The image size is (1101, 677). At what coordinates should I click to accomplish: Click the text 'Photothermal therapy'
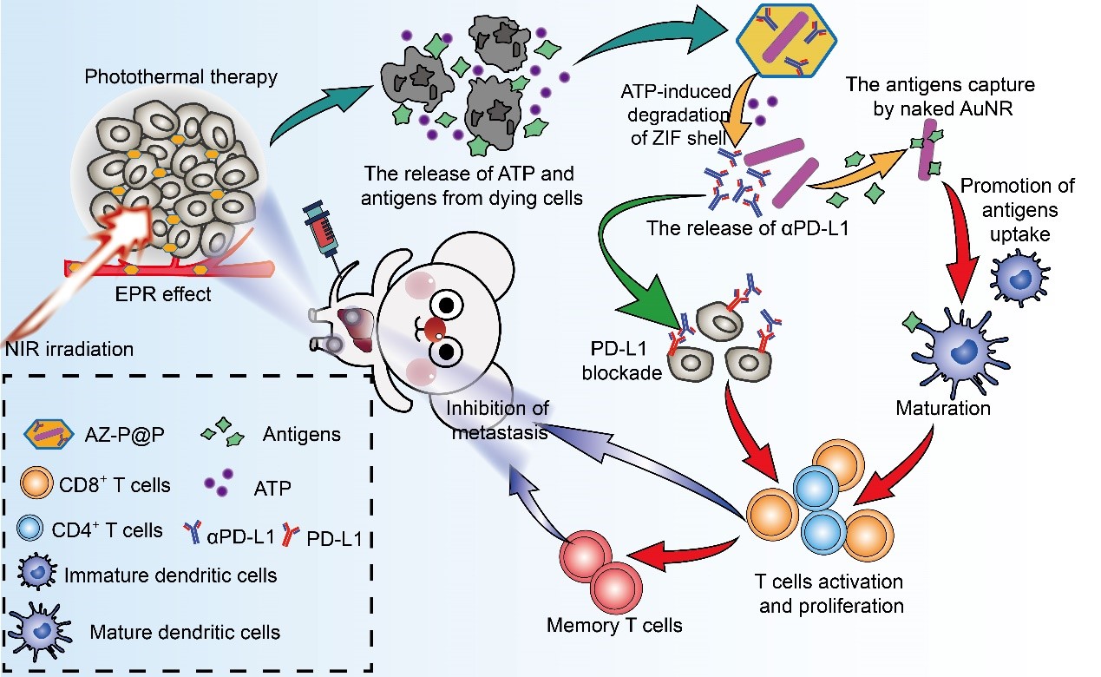point(180,77)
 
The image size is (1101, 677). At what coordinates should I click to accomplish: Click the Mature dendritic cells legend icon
point(39,626)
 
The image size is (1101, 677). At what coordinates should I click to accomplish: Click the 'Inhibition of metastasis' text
point(497,418)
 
